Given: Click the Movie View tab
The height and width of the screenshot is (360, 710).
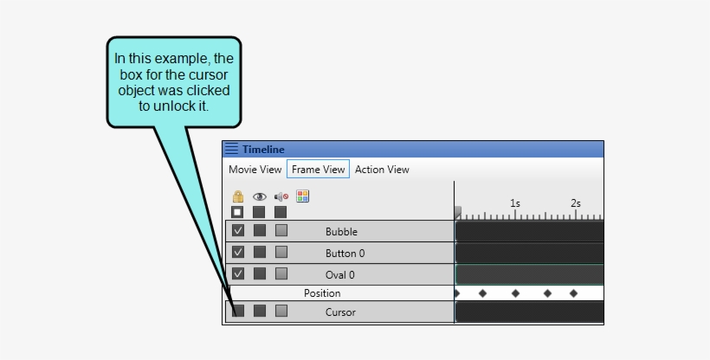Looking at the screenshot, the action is point(255,170).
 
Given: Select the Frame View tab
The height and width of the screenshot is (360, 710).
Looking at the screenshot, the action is point(318,170).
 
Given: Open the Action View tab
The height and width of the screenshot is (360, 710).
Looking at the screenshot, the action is point(382,170).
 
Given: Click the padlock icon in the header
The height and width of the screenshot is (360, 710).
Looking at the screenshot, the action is point(238,197).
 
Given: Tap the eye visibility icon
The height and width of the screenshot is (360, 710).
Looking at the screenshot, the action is point(259,197).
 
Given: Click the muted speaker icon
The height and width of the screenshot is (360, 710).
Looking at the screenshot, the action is point(281,197).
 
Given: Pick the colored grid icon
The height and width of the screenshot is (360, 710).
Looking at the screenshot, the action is point(302,196).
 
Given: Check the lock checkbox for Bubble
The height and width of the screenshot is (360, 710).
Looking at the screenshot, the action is point(238,231).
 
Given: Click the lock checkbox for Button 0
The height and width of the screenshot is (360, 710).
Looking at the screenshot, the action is point(238,253).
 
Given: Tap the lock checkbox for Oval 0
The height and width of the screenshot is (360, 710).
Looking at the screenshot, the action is point(238,274).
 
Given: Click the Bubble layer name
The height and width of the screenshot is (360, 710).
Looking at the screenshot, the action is point(341,232).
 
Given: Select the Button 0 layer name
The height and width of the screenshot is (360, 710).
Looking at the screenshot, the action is point(345,254).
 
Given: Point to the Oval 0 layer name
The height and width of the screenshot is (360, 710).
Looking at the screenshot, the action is point(340,275).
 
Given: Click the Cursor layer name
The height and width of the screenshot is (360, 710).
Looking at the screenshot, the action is point(340,312).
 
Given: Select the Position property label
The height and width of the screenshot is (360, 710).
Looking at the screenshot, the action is point(322,293).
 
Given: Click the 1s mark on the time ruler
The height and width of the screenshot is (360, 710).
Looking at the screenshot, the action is point(515,204).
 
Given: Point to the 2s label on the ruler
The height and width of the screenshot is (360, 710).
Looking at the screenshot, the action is point(576,204).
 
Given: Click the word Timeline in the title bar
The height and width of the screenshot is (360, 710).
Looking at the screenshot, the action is point(263,150).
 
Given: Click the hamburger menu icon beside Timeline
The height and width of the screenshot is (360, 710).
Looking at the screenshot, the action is point(231,149).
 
